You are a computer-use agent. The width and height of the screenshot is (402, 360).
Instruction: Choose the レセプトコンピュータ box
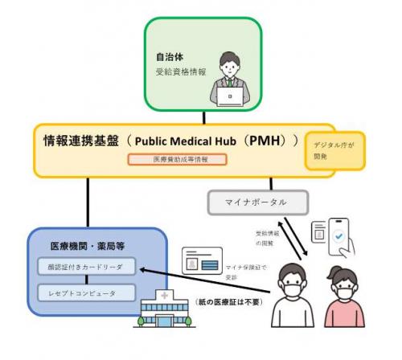pyautogui.click(x=79, y=293)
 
